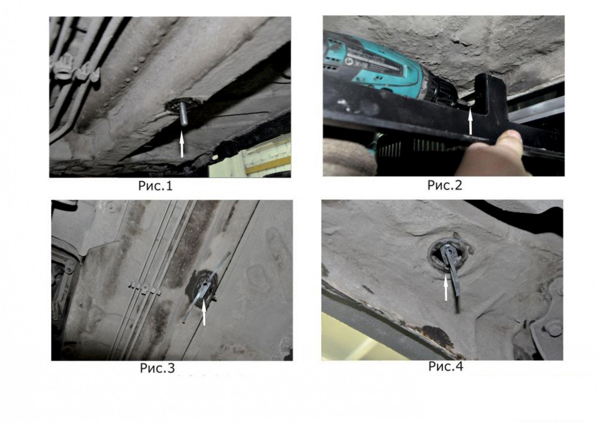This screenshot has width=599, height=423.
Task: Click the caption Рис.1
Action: [155, 186]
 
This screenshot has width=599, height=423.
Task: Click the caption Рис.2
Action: [445, 185]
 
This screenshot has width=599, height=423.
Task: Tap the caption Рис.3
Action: [157, 368]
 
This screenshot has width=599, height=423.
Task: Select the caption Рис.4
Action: [446, 366]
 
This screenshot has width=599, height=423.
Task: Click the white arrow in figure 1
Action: [182, 144]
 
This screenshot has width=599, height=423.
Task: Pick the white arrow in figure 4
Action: [445, 288]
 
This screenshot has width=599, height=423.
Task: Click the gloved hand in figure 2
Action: [347, 158]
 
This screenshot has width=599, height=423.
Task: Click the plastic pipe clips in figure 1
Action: [75, 68]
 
